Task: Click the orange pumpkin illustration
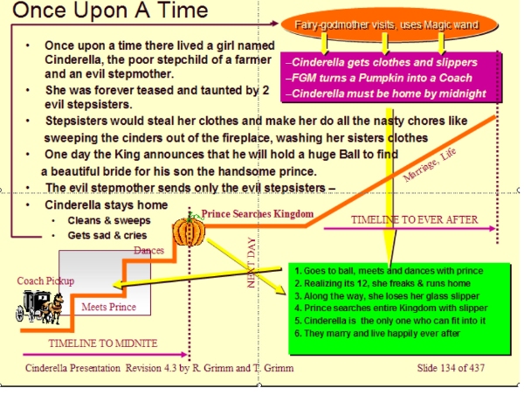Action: click(x=189, y=231)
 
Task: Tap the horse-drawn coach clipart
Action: click(x=39, y=307)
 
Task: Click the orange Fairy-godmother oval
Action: click(x=390, y=25)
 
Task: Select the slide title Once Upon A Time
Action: click(x=110, y=10)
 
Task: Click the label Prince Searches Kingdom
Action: click(x=258, y=214)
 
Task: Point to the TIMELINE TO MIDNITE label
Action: click(x=103, y=343)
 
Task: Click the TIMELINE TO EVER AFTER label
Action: click(x=414, y=219)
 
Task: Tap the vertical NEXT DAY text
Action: click(x=252, y=262)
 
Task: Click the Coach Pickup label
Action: click(x=45, y=281)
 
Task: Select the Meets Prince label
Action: click(x=109, y=307)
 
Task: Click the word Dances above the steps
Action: click(x=149, y=251)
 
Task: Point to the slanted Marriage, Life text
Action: click(x=430, y=165)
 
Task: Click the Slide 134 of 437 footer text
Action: click(x=451, y=368)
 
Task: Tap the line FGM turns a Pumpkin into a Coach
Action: click(x=379, y=78)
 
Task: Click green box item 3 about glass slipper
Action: click(x=387, y=296)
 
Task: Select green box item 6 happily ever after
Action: click(x=377, y=334)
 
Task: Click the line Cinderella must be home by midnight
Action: click(x=386, y=94)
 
